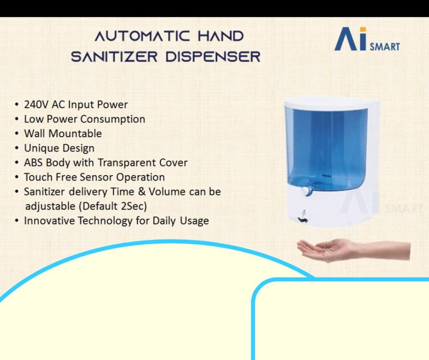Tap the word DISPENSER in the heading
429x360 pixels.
pos(213,57)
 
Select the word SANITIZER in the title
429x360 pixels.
pos(114,57)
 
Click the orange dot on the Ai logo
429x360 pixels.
pos(363,30)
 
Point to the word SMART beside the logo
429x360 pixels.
pos(385,47)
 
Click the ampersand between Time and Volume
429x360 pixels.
pos(142,192)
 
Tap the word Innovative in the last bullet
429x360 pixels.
pos(49,221)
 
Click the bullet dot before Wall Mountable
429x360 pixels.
pos(17,134)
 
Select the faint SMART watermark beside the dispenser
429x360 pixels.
pos(403,209)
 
